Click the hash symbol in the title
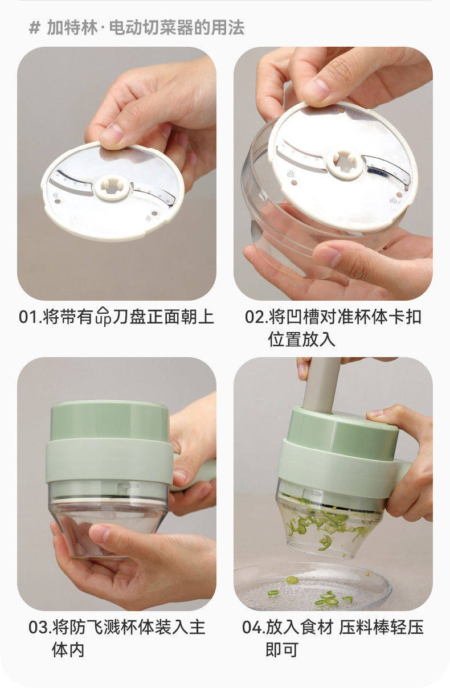click(34, 28)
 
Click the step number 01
click(29, 317)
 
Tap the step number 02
click(255, 317)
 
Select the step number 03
click(38, 627)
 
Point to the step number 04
click(252, 627)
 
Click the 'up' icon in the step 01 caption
click(103, 316)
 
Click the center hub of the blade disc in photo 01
click(112, 188)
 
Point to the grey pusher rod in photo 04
click(321, 385)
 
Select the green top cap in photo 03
click(109, 421)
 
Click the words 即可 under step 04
click(282, 650)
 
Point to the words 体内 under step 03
click(68, 650)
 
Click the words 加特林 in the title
click(72, 28)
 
